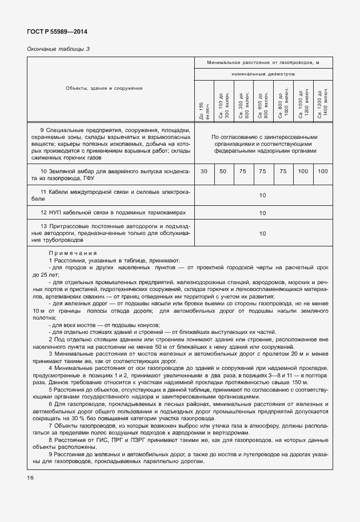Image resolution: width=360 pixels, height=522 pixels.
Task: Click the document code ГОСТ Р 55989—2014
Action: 57,32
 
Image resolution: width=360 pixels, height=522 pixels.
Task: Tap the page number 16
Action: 30,477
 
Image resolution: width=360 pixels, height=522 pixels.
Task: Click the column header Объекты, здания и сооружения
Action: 104,88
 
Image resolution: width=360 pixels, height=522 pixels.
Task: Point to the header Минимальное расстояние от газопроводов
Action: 263,62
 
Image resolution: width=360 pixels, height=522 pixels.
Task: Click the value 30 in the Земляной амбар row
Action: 204,171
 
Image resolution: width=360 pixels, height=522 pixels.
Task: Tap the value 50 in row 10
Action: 223,171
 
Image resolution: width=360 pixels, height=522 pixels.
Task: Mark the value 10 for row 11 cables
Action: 263,195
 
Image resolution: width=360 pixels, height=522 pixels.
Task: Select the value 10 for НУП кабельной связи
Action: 263,213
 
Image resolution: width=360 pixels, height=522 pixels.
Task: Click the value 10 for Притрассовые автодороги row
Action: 263,233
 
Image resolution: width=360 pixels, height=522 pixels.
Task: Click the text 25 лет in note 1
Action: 43,274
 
